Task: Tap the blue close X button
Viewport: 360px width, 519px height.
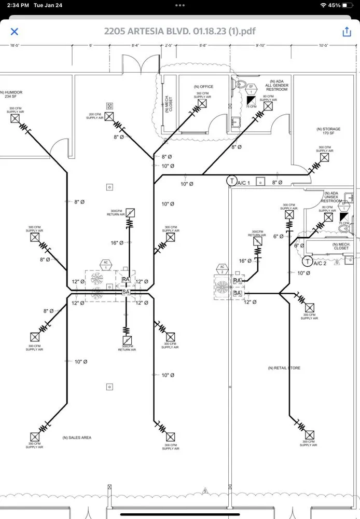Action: [15, 32]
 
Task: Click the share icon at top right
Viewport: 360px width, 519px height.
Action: [347, 32]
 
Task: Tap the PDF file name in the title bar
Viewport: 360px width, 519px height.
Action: [179, 31]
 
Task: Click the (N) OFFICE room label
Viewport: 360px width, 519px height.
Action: [203, 87]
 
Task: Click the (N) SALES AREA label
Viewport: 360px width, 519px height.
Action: [77, 438]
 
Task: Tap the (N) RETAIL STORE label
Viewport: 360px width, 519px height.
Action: [284, 368]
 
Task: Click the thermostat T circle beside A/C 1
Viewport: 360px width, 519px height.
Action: [231, 181]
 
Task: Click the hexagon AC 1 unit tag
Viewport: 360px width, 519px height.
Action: [106, 263]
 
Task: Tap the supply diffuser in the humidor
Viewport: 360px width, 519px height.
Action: [15, 119]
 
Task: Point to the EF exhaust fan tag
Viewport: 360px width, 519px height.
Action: [251, 87]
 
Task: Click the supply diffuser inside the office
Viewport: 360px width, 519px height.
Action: [202, 103]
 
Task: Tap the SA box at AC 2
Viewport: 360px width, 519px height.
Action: [238, 294]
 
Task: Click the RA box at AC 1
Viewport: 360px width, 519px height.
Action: [126, 280]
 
